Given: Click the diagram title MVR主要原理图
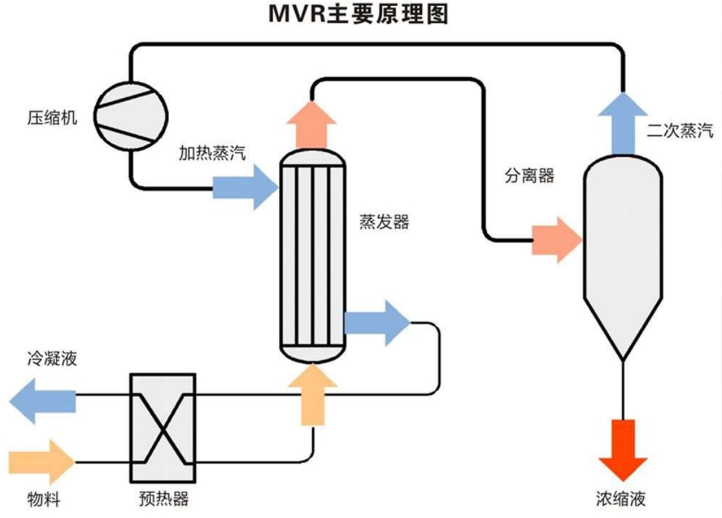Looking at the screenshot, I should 358,14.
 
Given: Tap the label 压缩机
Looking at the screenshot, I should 53,117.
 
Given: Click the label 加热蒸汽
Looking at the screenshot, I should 212,153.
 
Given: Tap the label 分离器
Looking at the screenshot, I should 529,176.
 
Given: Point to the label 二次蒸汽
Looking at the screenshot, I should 680,131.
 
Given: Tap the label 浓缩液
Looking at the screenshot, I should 621,498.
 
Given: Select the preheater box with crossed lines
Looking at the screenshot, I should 163,427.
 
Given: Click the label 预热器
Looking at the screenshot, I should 163,498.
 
